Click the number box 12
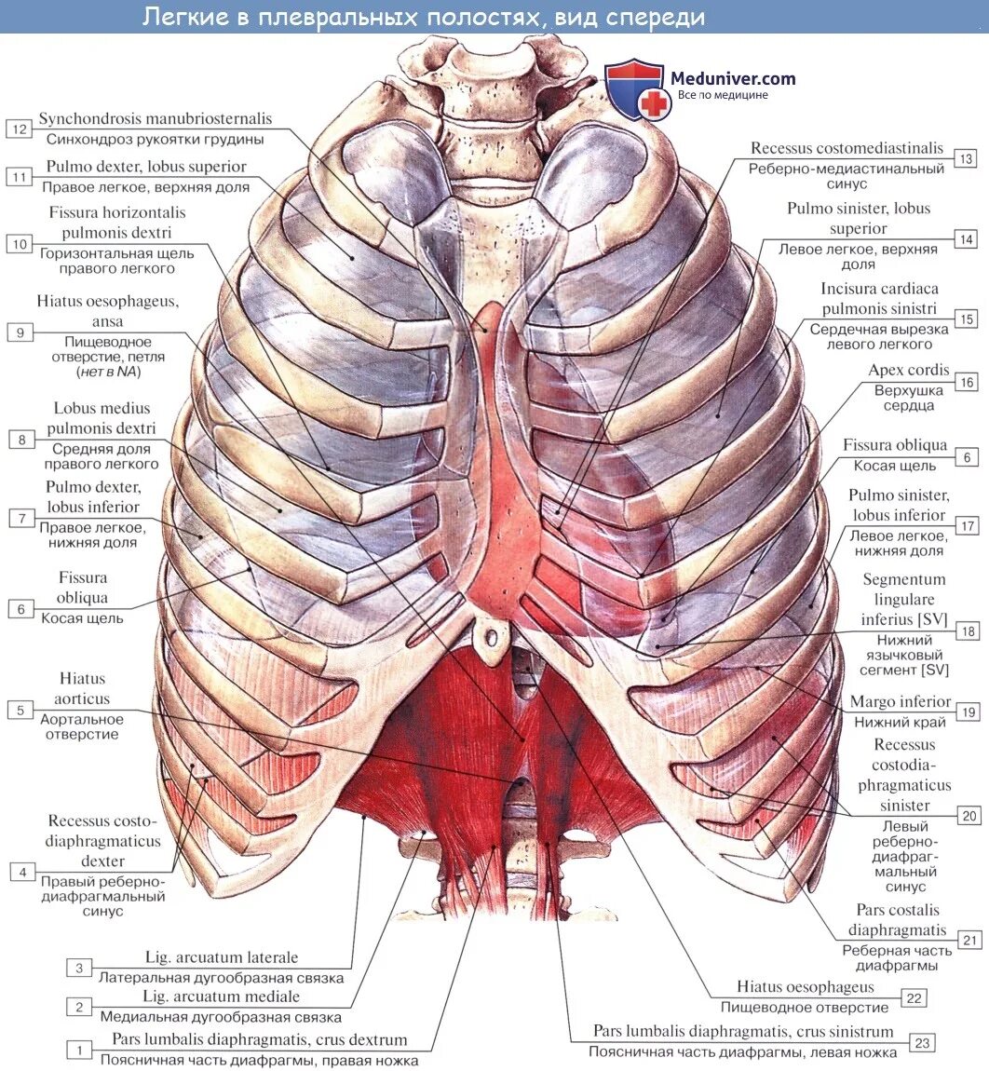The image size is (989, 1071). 20,129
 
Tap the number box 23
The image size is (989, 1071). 922,1042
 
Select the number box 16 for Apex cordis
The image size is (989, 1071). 966,382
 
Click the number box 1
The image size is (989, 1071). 79,1051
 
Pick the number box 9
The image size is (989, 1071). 20,332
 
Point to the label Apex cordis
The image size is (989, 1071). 908,370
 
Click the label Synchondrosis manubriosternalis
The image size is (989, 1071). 156,119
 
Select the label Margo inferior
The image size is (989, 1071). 900,701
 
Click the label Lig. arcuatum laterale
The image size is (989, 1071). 222,957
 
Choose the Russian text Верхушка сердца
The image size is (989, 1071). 908,398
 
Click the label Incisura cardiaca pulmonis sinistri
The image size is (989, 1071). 879,298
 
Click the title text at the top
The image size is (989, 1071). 424,17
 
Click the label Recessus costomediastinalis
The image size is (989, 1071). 847,148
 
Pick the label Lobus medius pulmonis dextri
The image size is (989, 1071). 102,418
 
